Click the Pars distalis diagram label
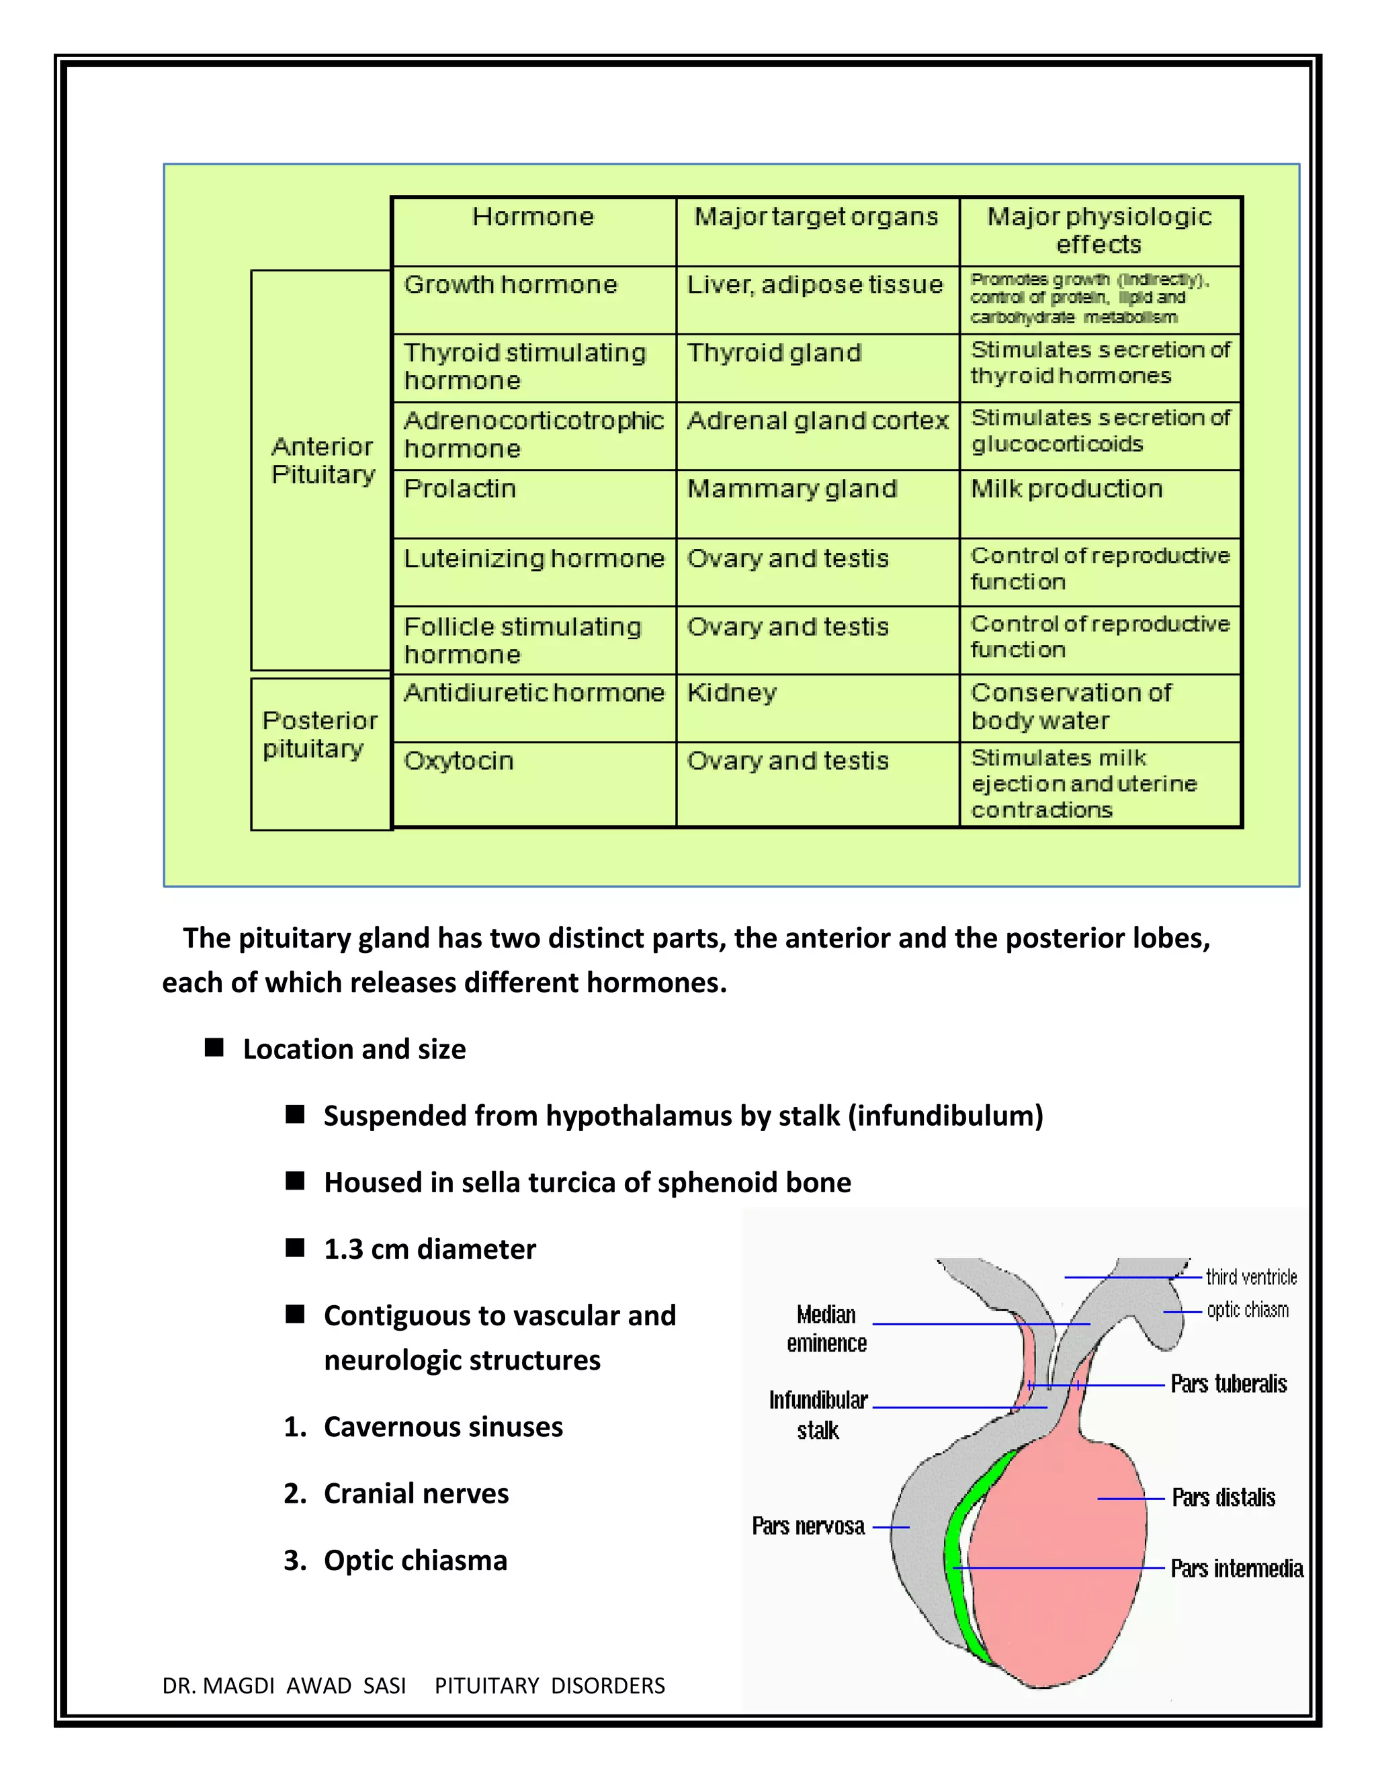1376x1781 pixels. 1223,1498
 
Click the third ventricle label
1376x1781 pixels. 1250,1277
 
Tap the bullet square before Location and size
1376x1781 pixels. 214,1048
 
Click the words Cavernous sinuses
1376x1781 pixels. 443,1427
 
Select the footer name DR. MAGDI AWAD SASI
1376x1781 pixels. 284,1686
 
